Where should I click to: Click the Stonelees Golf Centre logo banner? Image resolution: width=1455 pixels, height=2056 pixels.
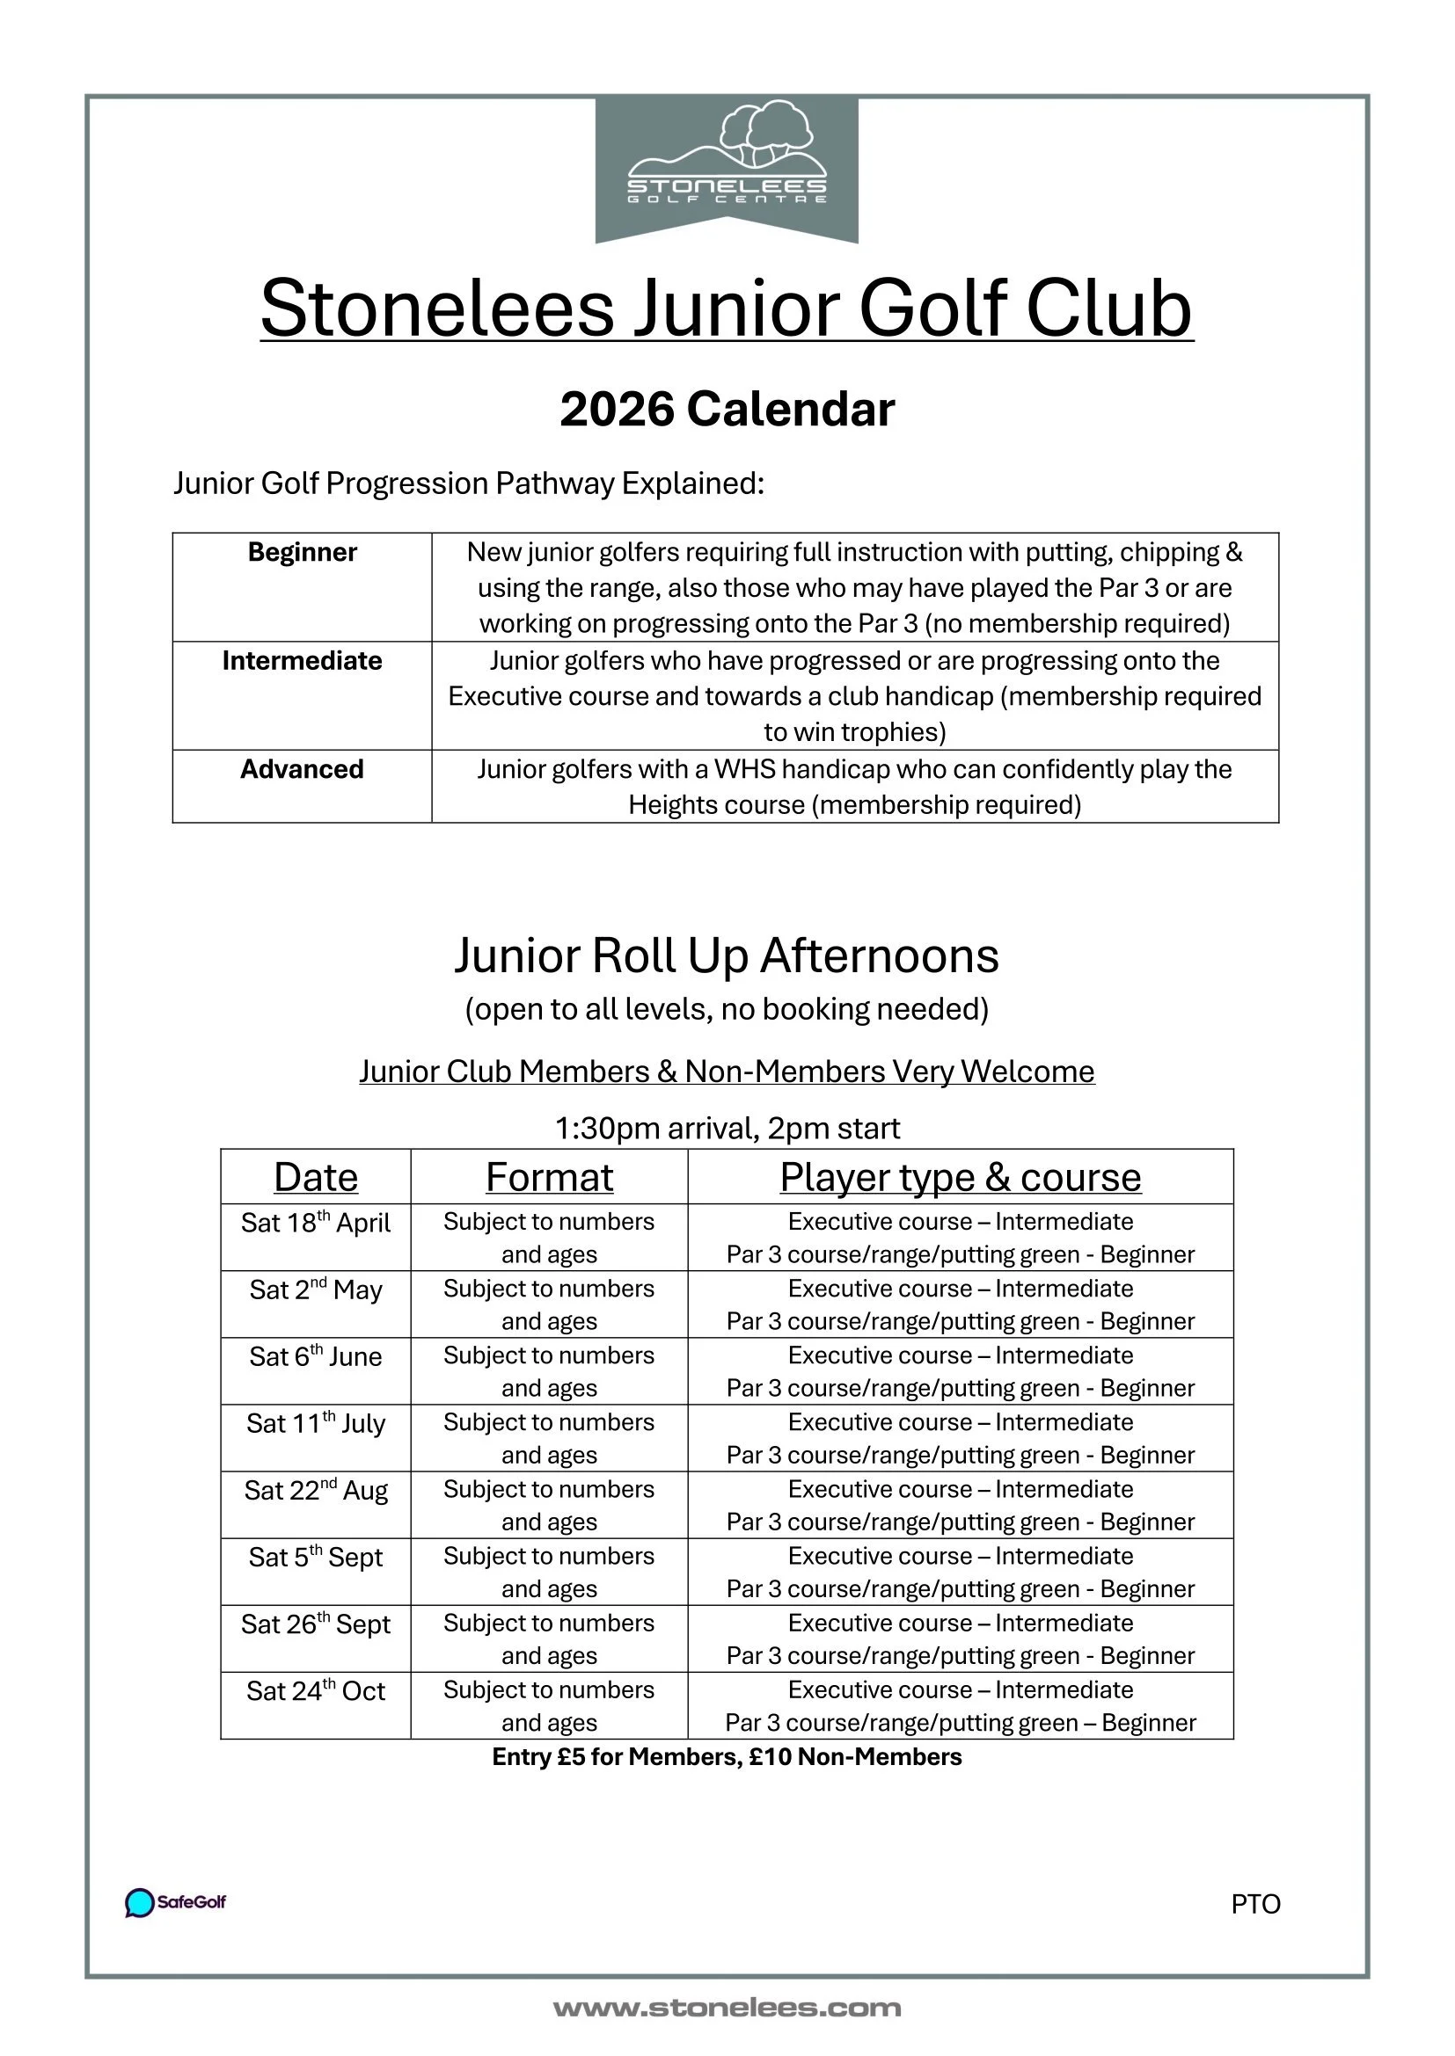[x=727, y=169]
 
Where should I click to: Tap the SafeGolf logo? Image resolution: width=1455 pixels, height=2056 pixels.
[x=176, y=1902]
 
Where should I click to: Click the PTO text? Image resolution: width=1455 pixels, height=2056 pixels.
[x=1255, y=1904]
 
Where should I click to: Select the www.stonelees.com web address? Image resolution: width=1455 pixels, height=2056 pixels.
[x=727, y=2009]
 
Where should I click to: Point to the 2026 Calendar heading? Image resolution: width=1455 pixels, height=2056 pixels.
[x=727, y=410]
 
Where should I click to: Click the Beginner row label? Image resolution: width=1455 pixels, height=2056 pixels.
[x=302, y=553]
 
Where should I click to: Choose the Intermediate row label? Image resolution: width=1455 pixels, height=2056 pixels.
[x=302, y=661]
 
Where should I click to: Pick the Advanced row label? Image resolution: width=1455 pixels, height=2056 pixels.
[x=302, y=769]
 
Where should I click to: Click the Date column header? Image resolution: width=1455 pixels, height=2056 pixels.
[x=316, y=1177]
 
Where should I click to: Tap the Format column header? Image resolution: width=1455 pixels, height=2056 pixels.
[x=549, y=1177]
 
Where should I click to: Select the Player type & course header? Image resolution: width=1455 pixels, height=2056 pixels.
[x=961, y=1177]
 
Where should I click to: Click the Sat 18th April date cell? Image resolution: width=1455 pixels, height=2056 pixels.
[x=316, y=1224]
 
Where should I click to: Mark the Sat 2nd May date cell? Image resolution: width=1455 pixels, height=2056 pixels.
[x=316, y=1290]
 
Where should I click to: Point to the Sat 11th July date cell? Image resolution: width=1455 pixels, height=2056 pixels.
[x=316, y=1424]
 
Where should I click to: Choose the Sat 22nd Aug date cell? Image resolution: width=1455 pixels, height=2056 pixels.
[x=316, y=1491]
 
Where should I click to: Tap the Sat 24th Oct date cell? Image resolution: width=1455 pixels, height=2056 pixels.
[x=316, y=1691]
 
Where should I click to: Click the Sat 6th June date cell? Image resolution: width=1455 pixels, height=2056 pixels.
[x=316, y=1357]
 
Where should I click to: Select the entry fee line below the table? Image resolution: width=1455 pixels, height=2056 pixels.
[x=727, y=1757]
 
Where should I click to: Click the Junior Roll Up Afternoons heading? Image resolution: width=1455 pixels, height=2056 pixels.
[x=727, y=955]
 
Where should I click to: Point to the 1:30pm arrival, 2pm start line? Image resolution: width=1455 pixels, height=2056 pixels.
[x=727, y=1129]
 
